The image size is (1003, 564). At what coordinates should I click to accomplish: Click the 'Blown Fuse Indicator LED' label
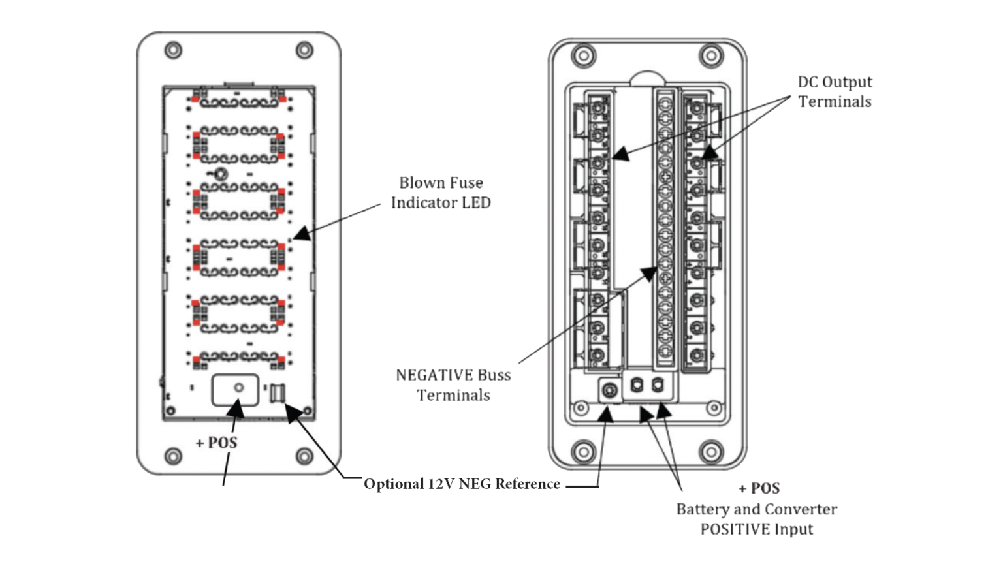pyautogui.click(x=441, y=193)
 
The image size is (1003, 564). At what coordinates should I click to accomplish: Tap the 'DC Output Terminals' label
pyautogui.click(x=835, y=91)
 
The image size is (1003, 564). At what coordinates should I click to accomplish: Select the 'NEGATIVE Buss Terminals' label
pyautogui.click(x=453, y=385)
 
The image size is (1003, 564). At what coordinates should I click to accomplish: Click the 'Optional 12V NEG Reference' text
pyautogui.click(x=461, y=484)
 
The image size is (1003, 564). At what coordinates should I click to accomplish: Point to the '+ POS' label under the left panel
pyautogui.click(x=216, y=443)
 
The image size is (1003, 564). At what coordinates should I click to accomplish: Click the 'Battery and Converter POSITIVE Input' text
pyautogui.click(x=756, y=518)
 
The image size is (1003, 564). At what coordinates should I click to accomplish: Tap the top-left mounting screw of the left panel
pyautogui.click(x=173, y=50)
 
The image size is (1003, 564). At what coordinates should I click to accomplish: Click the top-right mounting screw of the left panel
pyautogui.click(x=304, y=50)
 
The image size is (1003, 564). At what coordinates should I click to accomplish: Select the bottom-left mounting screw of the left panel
pyautogui.click(x=172, y=456)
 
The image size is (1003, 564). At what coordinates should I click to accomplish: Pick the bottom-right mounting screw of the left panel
pyautogui.click(x=304, y=456)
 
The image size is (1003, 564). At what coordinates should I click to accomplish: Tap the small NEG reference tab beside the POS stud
pyautogui.click(x=278, y=393)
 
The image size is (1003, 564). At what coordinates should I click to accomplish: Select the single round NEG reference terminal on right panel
pyautogui.click(x=609, y=389)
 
